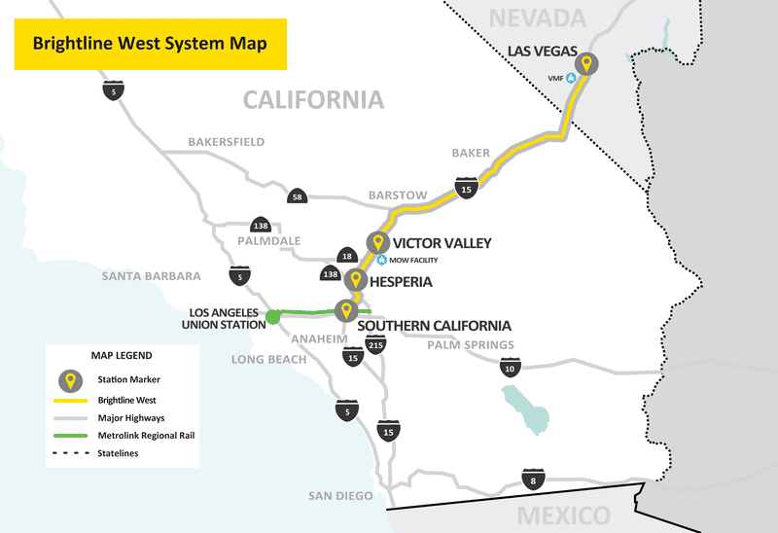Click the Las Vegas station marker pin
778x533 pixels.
tap(588, 64)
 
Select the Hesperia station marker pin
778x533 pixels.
tap(357, 280)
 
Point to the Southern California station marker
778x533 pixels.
tap(344, 310)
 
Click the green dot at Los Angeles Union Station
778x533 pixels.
tap(273, 316)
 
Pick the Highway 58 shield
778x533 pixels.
tap(297, 196)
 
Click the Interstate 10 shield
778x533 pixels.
tap(510, 368)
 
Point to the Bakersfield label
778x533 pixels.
tap(226, 142)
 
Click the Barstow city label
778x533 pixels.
tap(397, 195)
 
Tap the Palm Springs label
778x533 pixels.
tap(471, 345)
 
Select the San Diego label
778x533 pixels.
tap(340, 496)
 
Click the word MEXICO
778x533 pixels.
tap(563, 515)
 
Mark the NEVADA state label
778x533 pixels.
tap(538, 17)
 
